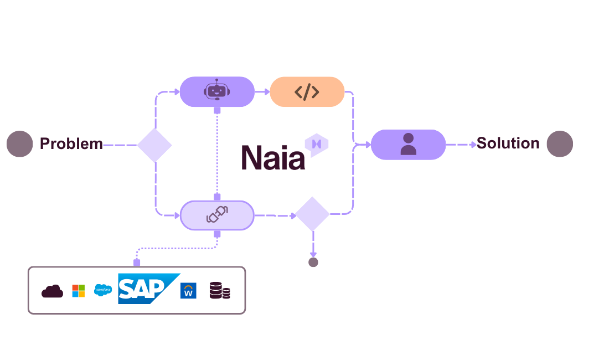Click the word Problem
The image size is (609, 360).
(x=71, y=144)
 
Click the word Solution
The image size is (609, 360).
(x=508, y=143)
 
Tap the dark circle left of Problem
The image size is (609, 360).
(x=20, y=144)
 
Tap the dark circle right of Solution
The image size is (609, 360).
(x=560, y=144)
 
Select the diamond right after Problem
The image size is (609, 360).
(x=154, y=145)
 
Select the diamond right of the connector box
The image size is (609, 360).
(x=312, y=214)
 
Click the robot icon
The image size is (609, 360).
(x=216, y=90)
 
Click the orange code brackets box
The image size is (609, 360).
(x=307, y=92)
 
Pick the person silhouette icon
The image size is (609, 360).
(x=408, y=144)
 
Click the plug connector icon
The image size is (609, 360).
(x=217, y=214)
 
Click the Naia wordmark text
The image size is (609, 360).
(x=272, y=157)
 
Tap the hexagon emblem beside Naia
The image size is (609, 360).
(x=317, y=144)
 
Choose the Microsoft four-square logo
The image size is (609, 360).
(x=79, y=291)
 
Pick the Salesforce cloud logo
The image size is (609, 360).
(x=103, y=290)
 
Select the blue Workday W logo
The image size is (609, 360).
(x=188, y=291)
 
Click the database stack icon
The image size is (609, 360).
(x=219, y=291)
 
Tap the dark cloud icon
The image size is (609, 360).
(x=53, y=291)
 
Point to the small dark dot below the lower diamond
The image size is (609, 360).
(x=313, y=262)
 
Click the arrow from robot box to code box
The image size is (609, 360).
(x=262, y=92)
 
